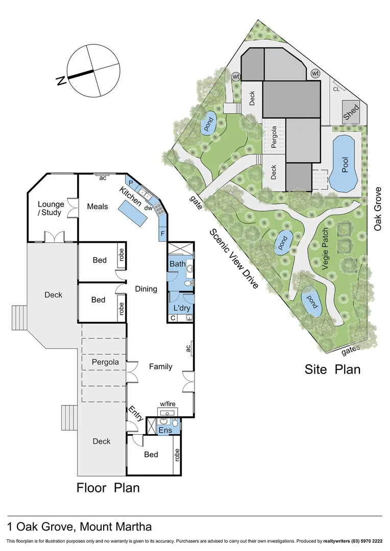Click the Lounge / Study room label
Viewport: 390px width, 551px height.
point(50,209)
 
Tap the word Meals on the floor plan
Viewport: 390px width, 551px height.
point(97,207)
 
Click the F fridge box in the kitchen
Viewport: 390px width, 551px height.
point(163,234)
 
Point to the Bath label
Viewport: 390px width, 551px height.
point(178,264)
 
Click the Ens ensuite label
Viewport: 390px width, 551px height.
point(164,430)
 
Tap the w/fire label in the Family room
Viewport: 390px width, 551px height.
point(168,404)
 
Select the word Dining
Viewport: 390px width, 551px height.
point(146,289)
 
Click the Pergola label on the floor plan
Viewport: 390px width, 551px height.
point(105,362)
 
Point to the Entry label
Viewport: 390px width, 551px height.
point(136,413)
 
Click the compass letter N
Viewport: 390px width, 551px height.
point(61,81)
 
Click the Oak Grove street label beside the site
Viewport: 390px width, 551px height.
point(378,208)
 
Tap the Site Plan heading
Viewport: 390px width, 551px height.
point(332,369)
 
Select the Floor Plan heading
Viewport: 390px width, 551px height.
point(108,488)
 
